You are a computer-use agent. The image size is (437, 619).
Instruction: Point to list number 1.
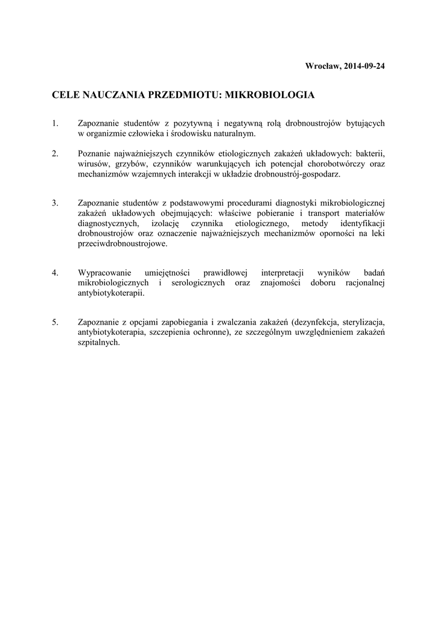point(55,123)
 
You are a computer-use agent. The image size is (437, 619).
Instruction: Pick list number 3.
point(55,202)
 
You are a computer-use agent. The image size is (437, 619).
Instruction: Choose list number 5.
point(55,322)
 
